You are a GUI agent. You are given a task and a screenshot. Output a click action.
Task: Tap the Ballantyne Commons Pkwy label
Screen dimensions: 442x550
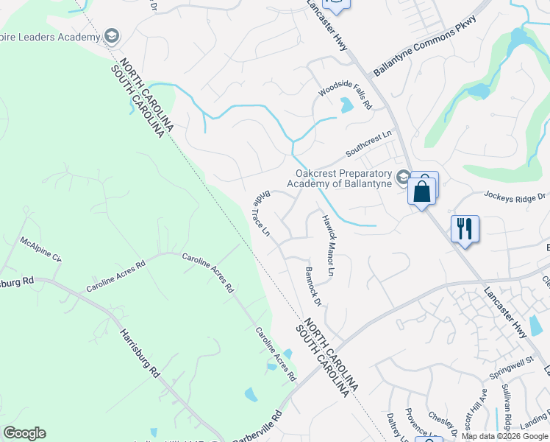(x=425, y=46)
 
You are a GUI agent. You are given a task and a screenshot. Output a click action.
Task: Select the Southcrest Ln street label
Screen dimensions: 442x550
(x=370, y=144)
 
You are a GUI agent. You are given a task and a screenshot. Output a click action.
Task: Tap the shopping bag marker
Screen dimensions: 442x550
(x=423, y=191)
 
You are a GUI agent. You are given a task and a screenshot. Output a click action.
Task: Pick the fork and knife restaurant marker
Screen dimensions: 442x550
(x=464, y=228)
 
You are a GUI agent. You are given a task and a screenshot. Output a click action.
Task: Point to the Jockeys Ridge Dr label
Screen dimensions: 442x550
(x=515, y=196)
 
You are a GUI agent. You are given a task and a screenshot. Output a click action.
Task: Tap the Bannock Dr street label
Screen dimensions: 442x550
(x=312, y=287)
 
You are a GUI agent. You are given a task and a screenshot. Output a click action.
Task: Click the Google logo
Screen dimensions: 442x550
(x=24, y=433)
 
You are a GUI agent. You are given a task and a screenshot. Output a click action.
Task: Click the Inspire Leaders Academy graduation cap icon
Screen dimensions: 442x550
(x=112, y=35)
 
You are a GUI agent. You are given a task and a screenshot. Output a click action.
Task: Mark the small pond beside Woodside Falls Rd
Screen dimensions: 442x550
(x=346, y=105)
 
